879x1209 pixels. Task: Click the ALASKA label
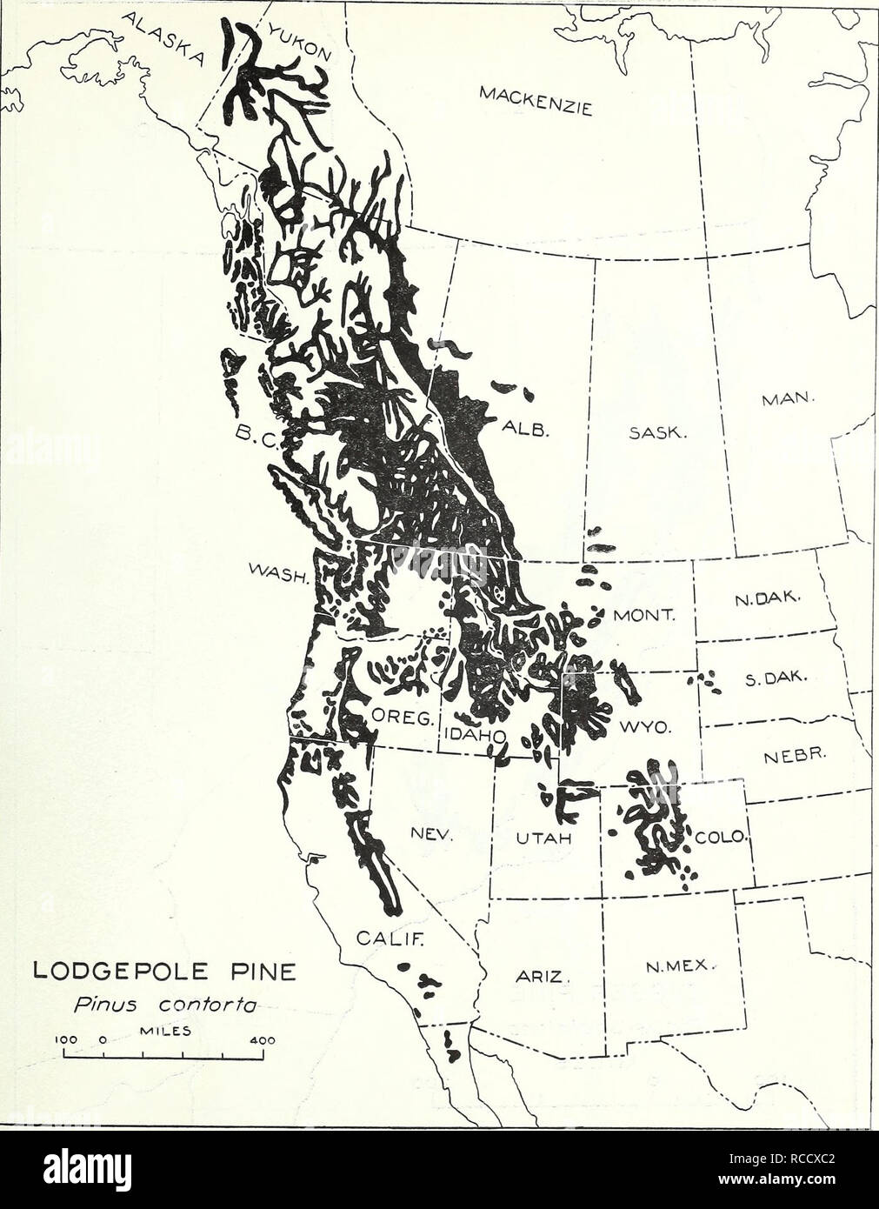point(169,39)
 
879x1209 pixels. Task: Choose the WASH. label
point(280,575)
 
